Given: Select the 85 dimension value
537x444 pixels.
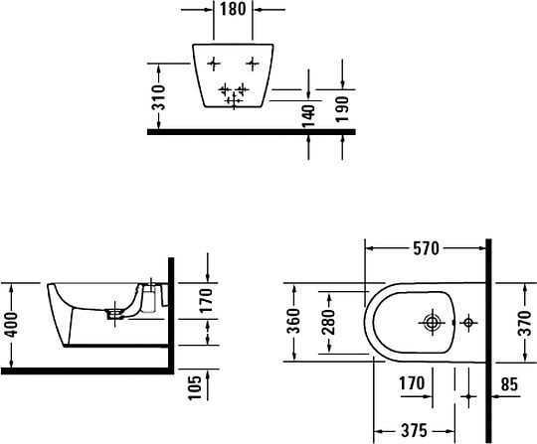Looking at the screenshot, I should point(510,383).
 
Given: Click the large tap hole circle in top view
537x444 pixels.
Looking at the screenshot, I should point(432,323).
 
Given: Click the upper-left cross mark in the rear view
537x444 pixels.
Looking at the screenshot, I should point(215,65).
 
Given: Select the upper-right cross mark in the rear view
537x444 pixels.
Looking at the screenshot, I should point(252,65).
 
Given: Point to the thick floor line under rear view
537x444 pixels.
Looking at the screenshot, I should point(249,130).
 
